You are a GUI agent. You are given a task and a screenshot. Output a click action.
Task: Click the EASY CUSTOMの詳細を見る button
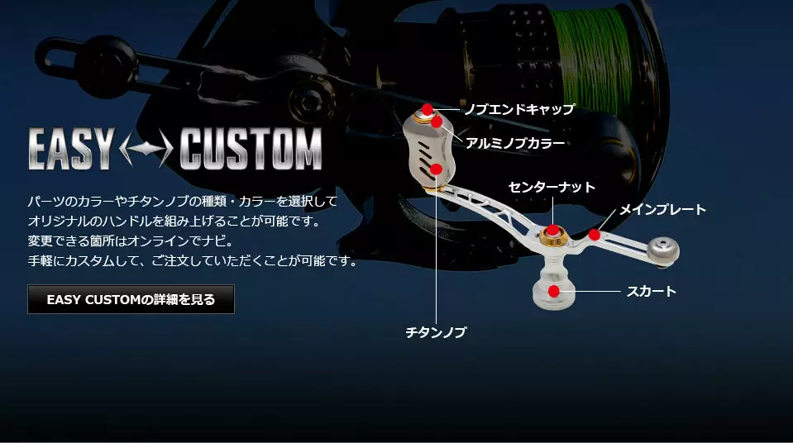pos(131,299)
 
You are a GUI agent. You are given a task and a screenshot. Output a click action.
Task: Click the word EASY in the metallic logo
pos(71,149)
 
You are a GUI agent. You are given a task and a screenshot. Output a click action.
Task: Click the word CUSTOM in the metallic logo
pos(251,149)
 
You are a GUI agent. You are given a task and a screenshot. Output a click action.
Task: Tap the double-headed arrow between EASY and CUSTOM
pos(146,148)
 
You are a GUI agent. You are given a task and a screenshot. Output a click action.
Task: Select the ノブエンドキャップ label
pos(519,109)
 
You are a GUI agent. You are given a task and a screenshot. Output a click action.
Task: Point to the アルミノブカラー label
pos(515,143)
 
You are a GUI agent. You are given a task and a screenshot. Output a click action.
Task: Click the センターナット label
pos(552,187)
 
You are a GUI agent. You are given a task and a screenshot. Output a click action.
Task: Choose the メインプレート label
pos(662,209)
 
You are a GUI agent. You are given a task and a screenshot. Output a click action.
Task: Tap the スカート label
pos(651,291)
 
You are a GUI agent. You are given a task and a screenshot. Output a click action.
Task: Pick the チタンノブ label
pos(436,332)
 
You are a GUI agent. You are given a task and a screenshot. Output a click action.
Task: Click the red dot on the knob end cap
pos(428,109)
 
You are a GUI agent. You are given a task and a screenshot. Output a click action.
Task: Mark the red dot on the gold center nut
pos(552,231)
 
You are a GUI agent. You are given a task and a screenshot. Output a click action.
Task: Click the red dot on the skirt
pos(554,291)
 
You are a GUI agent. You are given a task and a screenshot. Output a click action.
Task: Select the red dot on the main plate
pos(595,235)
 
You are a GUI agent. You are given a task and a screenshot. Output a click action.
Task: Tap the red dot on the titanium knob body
pos(437,169)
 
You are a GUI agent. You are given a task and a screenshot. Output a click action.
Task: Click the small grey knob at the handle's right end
pos(663,251)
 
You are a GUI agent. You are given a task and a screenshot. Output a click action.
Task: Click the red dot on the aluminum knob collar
pos(437,121)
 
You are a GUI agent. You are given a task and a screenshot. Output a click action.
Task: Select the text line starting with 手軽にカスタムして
pos(192,261)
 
